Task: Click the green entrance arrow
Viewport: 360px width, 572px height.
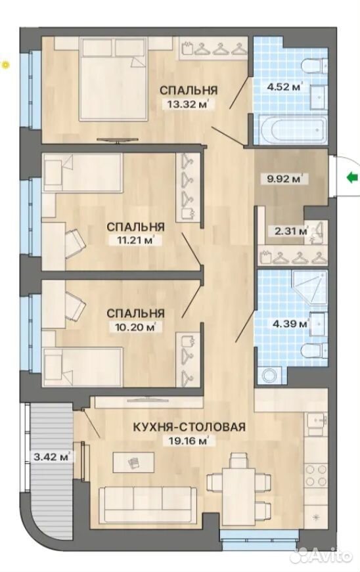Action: click(x=351, y=178)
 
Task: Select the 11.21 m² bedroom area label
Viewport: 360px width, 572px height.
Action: click(x=135, y=241)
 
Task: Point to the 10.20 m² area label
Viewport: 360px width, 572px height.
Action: click(x=135, y=326)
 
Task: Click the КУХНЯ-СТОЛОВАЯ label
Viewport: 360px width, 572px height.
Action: click(x=189, y=426)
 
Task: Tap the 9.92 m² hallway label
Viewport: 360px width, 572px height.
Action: click(x=282, y=179)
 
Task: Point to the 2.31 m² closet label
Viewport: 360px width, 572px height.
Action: click(x=289, y=231)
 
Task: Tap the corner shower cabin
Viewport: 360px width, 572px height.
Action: click(x=309, y=288)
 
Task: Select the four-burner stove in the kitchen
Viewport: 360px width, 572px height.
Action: click(x=316, y=476)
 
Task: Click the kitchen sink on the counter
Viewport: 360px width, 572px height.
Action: click(x=317, y=423)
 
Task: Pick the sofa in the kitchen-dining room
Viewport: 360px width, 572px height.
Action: click(x=147, y=504)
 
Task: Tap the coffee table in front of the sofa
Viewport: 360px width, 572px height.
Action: click(x=133, y=462)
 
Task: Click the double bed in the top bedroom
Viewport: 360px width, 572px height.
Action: click(x=114, y=79)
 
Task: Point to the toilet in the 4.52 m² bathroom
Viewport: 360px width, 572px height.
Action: click(x=315, y=65)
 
